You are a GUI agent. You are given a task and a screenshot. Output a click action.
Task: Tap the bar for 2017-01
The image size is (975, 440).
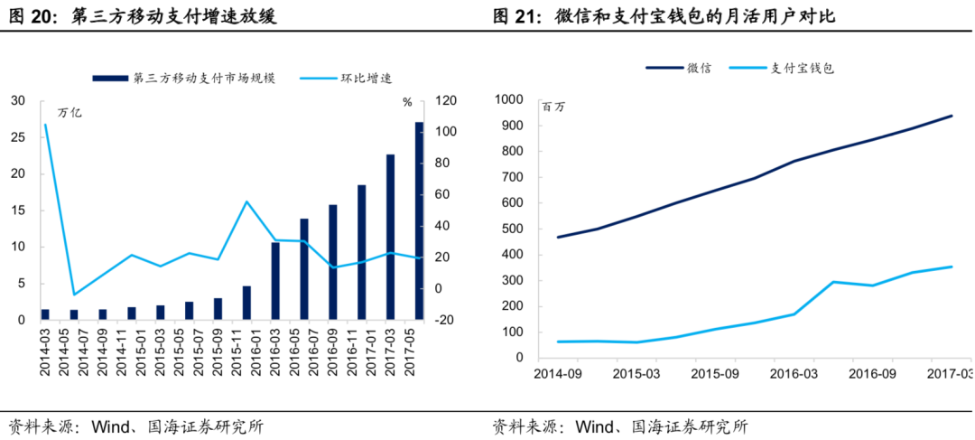coord(362,252)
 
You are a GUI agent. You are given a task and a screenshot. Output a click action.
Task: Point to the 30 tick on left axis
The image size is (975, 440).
coord(18,101)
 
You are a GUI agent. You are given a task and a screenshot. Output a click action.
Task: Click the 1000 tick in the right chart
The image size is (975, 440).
coord(509,99)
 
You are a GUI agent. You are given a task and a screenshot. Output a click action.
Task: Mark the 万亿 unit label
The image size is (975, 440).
coord(70,114)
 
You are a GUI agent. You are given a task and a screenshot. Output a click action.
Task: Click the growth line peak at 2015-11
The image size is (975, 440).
coord(246,201)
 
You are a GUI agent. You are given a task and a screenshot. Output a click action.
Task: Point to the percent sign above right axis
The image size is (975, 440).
coord(407,102)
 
